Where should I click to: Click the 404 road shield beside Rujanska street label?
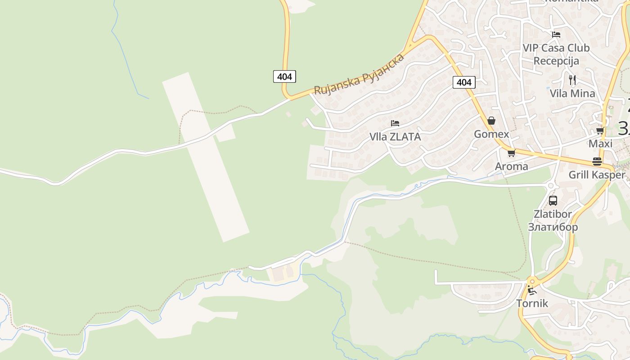[284, 76]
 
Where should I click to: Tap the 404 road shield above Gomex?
[464, 82]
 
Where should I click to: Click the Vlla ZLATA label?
[395, 137]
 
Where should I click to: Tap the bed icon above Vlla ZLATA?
[395, 123]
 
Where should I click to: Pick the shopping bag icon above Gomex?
[491, 121]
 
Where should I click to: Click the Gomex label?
[491, 134]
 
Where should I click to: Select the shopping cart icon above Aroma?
[511, 153]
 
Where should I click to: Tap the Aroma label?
[511, 166]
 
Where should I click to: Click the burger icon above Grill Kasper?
[597, 162]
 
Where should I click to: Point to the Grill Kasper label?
[597, 175]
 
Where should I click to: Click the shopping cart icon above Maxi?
[600, 131]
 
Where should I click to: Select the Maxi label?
[600, 144]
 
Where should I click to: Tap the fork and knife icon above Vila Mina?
[572, 80]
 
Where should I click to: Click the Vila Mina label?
[572, 94]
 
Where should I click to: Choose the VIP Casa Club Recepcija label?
[556, 54]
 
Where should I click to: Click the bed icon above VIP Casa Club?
[556, 34]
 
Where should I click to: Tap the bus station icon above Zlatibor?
[553, 201]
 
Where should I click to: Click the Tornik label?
[532, 303]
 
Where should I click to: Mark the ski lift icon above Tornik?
[532, 290]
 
